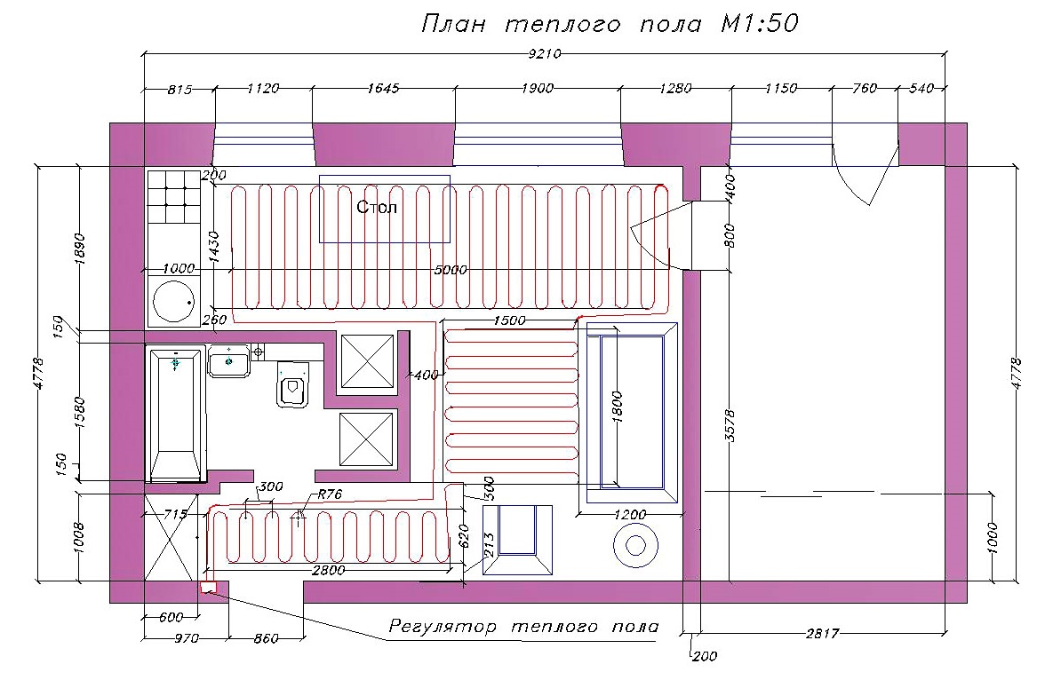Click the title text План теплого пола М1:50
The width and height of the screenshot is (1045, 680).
[x=610, y=24]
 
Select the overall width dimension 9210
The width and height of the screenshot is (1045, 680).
[x=545, y=54]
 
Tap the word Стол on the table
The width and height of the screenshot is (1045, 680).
[x=377, y=207]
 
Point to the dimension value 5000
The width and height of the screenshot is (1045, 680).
[x=451, y=270]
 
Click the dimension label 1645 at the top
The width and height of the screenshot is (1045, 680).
[x=383, y=89]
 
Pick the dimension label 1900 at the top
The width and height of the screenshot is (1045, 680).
[x=537, y=89]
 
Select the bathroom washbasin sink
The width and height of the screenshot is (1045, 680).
[x=228, y=361]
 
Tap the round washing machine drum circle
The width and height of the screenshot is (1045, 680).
[x=173, y=301]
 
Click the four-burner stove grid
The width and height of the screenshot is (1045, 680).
[x=174, y=197]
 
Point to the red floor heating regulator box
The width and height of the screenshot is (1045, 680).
[x=209, y=588]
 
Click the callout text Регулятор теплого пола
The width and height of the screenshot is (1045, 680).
[x=524, y=627]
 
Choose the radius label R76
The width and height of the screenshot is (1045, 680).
[x=329, y=494]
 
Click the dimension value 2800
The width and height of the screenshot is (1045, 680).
[x=329, y=570]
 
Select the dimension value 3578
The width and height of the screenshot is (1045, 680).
[x=730, y=426]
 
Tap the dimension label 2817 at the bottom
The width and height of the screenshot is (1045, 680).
[x=822, y=633]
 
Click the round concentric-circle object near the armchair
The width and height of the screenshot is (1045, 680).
[x=636, y=546]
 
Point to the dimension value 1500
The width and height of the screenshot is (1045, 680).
[x=509, y=320]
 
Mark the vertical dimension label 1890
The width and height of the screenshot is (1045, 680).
[x=80, y=249]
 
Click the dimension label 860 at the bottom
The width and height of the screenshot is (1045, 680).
[x=266, y=638]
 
